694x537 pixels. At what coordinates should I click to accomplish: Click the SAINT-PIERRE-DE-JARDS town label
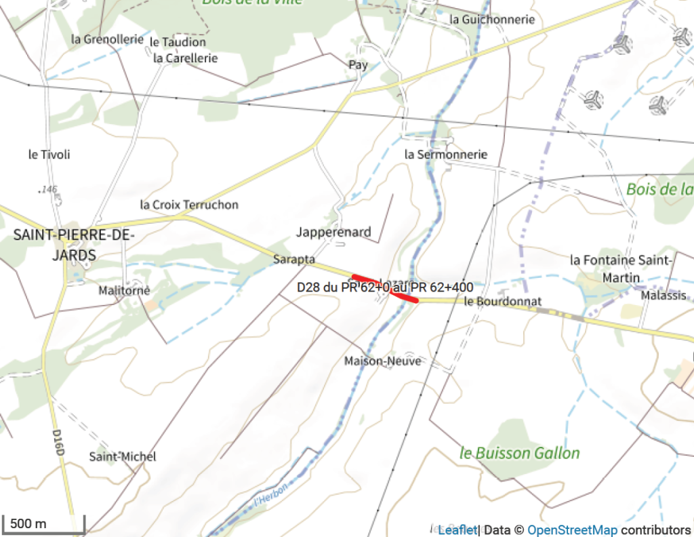pyautogui.click(x=74, y=245)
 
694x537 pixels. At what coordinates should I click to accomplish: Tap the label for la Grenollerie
pyautogui.click(x=107, y=39)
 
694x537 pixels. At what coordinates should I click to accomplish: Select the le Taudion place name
pyautogui.click(x=178, y=42)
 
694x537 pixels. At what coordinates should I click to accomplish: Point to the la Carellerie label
pyautogui.click(x=186, y=58)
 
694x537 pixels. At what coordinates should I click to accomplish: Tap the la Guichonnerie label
pyautogui.click(x=492, y=20)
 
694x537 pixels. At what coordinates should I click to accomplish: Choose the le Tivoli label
pyautogui.click(x=49, y=155)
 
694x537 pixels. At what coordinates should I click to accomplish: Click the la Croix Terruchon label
pyautogui.click(x=189, y=205)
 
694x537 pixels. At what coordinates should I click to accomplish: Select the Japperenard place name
pyautogui.click(x=333, y=233)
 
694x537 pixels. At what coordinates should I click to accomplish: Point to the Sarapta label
pyautogui.click(x=294, y=259)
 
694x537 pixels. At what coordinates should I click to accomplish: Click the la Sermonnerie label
pyautogui.click(x=445, y=155)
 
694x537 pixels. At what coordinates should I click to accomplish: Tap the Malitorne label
pyautogui.click(x=124, y=291)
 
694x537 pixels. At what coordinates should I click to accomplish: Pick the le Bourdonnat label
pyautogui.click(x=503, y=301)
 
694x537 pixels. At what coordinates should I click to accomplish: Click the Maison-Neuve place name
pyautogui.click(x=382, y=361)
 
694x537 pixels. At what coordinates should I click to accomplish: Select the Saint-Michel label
pyautogui.click(x=123, y=457)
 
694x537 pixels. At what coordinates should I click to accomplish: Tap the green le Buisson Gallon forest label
pyautogui.click(x=520, y=453)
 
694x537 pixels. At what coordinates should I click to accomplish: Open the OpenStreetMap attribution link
pyautogui.click(x=572, y=530)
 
